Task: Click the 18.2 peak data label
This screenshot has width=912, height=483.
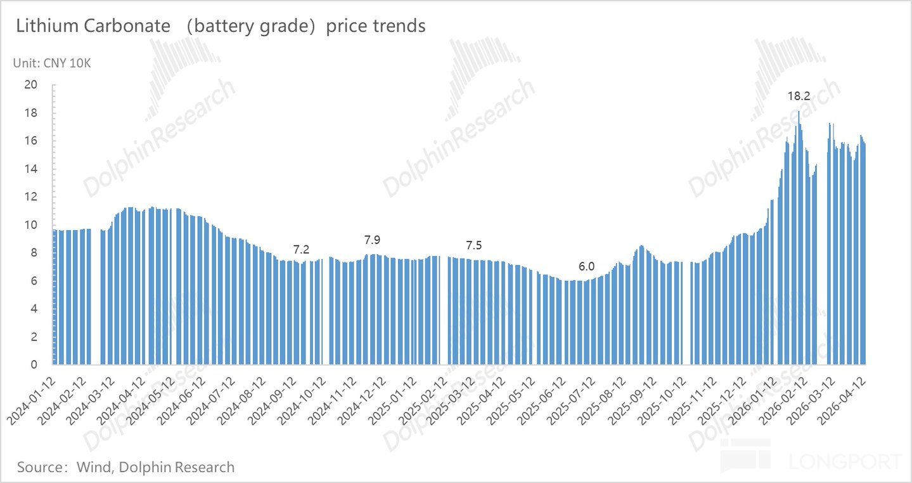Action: pyautogui.click(x=799, y=96)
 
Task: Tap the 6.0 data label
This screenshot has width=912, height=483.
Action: pyautogui.click(x=586, y=267)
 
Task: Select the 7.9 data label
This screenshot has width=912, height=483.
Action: pyautogui.click(x=372, y=240)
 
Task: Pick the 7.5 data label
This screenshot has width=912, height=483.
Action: pyautogui.click(x=474, y=245)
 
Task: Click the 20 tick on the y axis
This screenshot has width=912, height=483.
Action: pyautogui.click(x=30, y=85)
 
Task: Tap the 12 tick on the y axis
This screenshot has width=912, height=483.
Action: pyautogui.click(x=30, y=197)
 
